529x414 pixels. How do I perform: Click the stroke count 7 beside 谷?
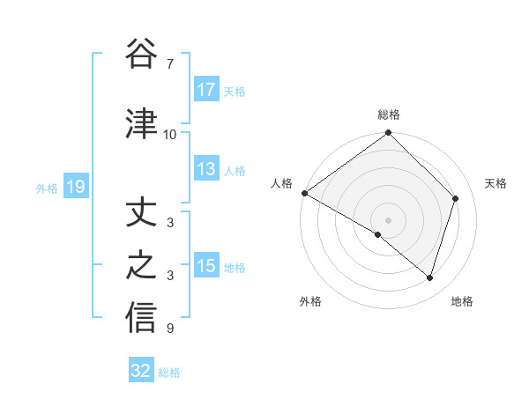tap(170, 64)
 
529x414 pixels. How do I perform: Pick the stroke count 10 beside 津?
tap(170, 134)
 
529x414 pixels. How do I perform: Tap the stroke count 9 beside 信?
tap(170, 329)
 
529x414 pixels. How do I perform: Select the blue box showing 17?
tap(206, 90)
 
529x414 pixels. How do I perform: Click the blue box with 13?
tap(206, 169)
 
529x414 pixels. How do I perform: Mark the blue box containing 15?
tap(206, 266)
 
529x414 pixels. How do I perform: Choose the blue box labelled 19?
tap(76, 187)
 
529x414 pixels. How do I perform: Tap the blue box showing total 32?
tap(141, 371)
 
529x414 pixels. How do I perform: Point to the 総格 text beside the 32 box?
tap(169, 373)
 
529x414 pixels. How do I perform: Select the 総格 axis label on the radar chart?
tap(389, 115)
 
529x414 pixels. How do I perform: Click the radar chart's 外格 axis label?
tap(310, 301)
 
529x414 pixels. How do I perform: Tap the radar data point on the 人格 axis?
tap(304, 193)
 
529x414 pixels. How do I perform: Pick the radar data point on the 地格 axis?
tap(429, 277)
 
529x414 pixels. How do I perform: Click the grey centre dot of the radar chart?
tap(388, 219)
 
